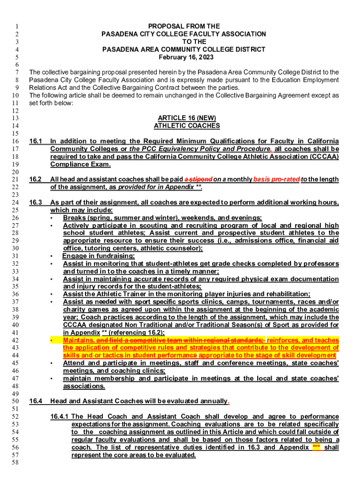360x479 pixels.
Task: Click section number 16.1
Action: point(36,141)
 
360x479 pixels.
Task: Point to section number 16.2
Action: point(36,179)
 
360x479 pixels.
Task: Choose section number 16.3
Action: point(36,202)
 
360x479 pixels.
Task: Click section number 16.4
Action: point(36,401)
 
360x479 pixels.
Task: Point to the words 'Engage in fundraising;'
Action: point(98,256)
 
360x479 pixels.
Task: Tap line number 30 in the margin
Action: point(14,248)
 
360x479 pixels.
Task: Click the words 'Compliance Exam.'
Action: point(80,164)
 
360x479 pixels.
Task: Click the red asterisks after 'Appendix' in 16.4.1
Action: point(317,447)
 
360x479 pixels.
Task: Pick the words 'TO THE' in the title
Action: point(184,42)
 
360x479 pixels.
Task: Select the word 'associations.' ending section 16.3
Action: point(84,386)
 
